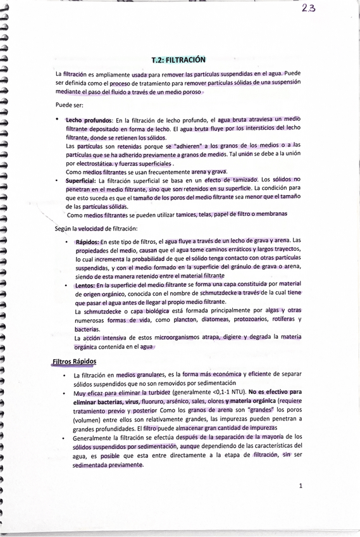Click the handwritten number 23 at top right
tap(310, 8)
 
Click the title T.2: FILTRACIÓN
tap(179, 60)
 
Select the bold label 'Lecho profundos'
tap(89, 120)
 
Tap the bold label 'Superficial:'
tap(80, 180)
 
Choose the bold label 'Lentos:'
tap(86, 286)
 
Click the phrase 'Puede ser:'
tap(68, 104)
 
